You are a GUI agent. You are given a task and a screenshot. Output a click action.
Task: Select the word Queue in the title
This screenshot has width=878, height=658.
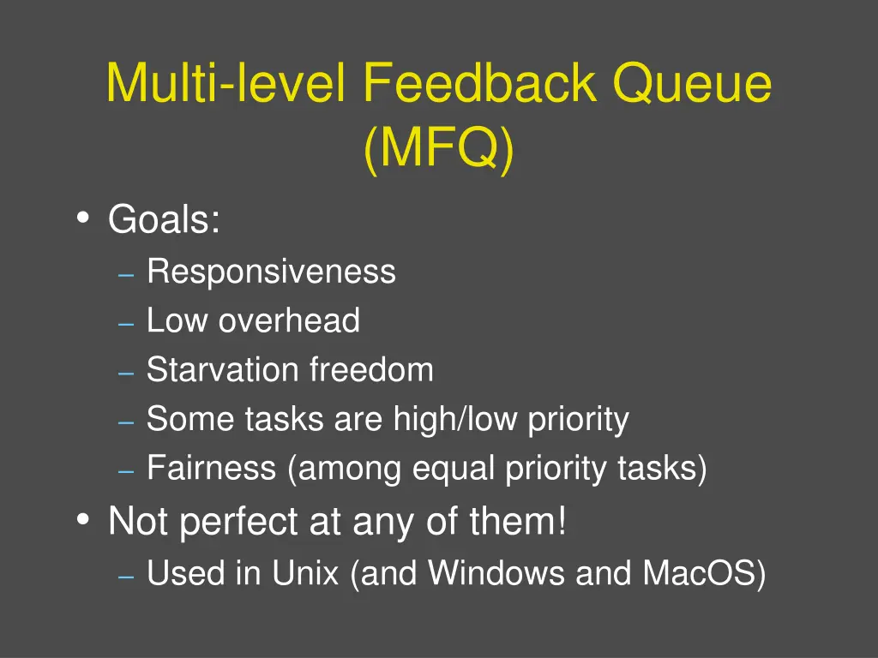click(x=692, y=84)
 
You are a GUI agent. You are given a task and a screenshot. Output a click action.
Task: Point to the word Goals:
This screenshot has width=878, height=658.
click(x=165, y=220)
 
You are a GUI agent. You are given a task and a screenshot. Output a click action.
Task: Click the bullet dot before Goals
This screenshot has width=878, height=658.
click(x=82, y=218)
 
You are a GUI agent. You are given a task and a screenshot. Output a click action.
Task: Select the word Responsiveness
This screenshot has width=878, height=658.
click(x=271, y=272)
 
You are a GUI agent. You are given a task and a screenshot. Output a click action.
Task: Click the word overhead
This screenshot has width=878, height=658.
click(x=289, y=321)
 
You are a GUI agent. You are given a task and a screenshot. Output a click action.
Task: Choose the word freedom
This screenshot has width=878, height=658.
click(x=371, y=370)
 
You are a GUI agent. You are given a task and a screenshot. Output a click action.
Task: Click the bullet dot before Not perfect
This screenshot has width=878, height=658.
click(x=82, y=519)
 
